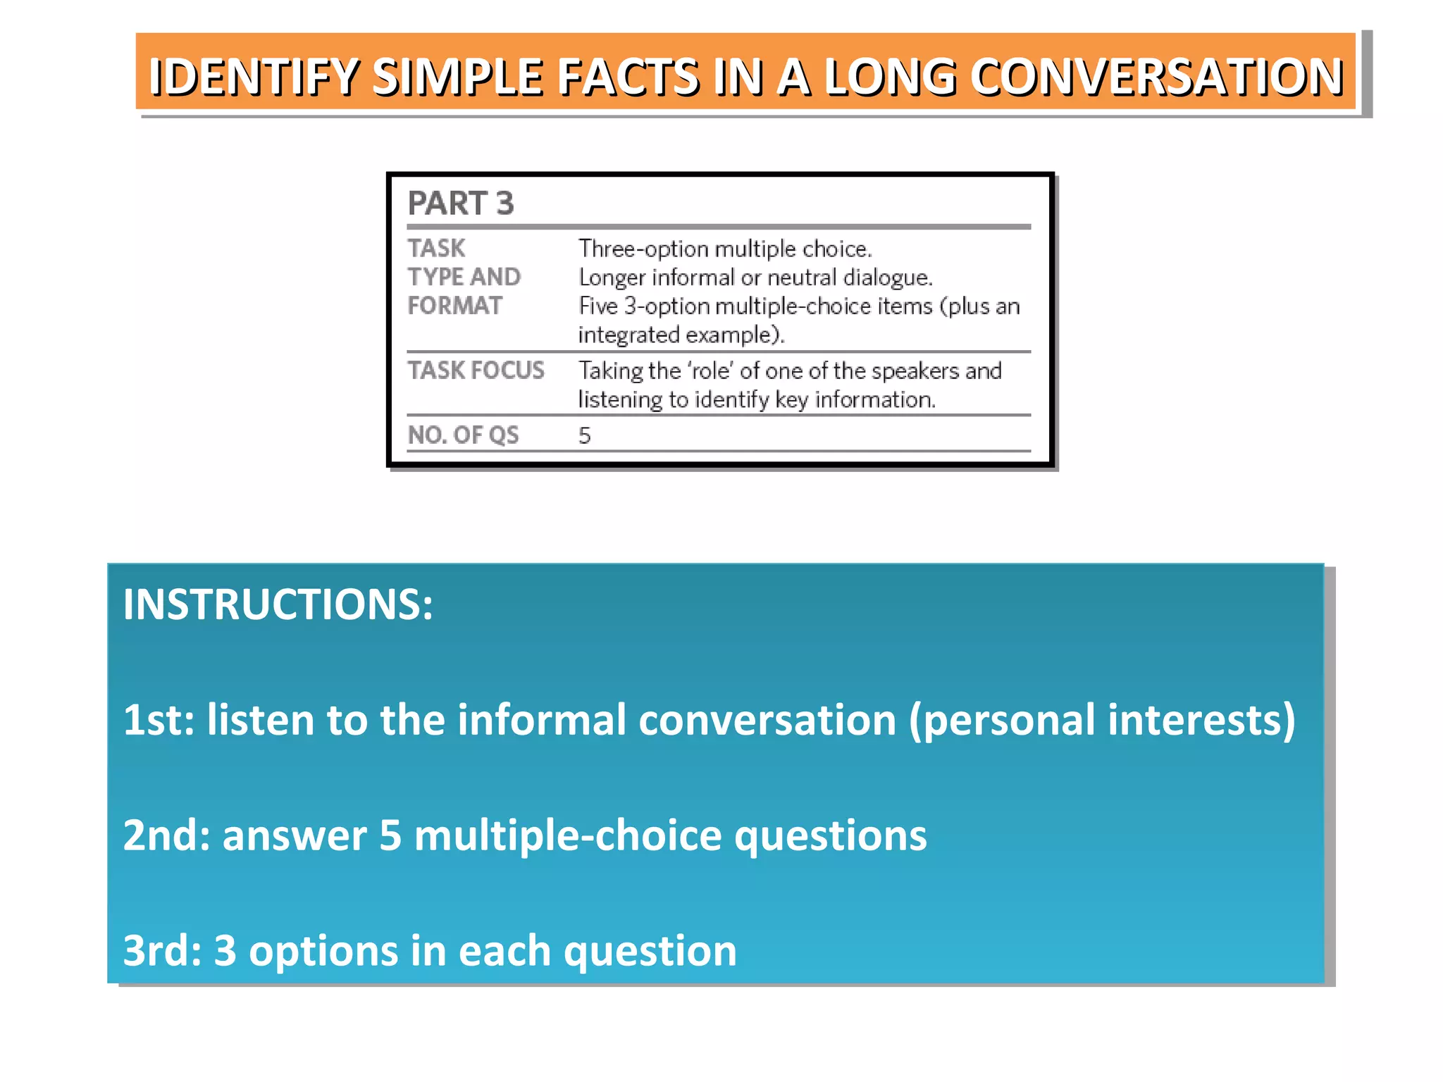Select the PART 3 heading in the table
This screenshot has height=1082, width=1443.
tap(461, 204)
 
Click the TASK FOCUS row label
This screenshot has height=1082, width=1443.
tap(476, 371)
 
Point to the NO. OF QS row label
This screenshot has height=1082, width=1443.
tap(463, 435)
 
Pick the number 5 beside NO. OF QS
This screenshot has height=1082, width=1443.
tap(584, 436)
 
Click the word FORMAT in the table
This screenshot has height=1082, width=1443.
tap(455, 306)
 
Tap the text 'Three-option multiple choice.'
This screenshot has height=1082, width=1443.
tap(725, 249)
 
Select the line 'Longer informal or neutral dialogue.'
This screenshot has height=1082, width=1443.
tap(755, 278)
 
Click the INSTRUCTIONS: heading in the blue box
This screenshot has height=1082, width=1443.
tap(278, 604)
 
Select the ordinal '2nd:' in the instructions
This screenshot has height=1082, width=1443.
tap(166, 835)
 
